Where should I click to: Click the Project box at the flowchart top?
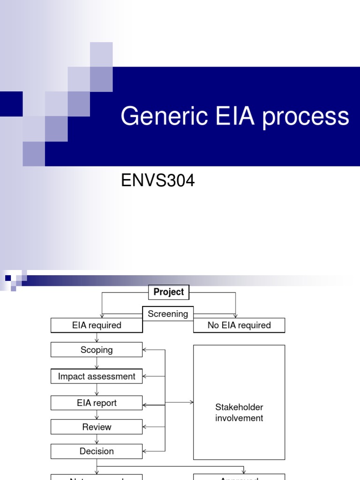coord(169,292)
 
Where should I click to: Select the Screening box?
coord(168,314)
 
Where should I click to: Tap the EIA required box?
coord(97,325)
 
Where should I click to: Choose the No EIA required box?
coord(239,325)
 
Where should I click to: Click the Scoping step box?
coord(97,350)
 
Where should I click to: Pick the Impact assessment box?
coord(97,376)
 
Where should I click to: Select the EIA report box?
coord(97,403)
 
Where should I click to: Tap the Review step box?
coord(97,427)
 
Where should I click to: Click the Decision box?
coord(97,451)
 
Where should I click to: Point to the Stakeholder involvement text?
coord(239,412)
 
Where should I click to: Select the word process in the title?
coord(306,117)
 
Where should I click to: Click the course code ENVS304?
coord(157,181)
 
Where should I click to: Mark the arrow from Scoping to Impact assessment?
coord(97,363)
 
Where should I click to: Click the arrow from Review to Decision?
coord(97,439)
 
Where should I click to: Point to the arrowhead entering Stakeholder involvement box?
coord(191,402)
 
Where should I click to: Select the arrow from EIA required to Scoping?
coord(97,337)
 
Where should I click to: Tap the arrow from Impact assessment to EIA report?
coord(97,390)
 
